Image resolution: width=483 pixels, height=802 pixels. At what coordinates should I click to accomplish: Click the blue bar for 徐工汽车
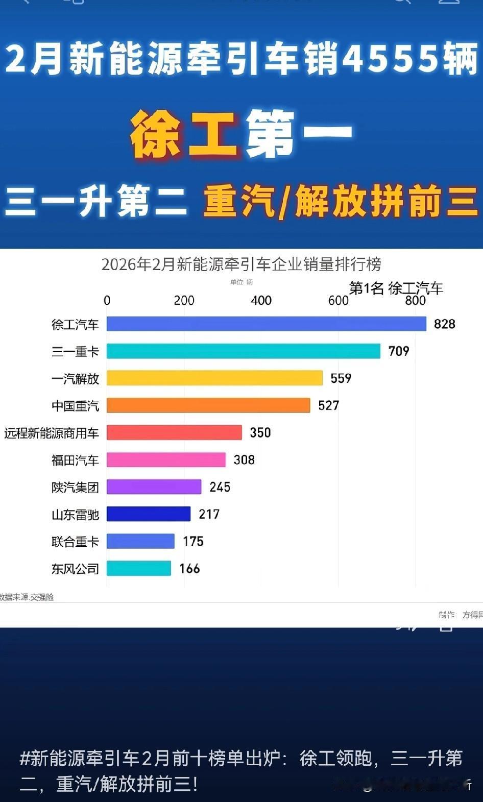266,324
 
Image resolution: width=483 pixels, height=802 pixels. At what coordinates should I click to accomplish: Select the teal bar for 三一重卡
243,351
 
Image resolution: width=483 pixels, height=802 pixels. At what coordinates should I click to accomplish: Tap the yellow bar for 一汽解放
214,378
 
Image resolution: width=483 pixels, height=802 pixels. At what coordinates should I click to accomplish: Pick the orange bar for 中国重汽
208,405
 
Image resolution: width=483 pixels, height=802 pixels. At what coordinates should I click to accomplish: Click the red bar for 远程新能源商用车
174,432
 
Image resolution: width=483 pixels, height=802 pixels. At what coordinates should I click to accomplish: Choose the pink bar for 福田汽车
166,459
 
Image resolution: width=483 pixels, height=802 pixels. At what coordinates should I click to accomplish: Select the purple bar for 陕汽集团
154,487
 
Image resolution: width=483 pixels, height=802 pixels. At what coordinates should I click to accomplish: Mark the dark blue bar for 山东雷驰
148,514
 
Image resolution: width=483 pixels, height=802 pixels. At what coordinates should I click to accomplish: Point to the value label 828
444,324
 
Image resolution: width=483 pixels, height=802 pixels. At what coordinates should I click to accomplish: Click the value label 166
189,569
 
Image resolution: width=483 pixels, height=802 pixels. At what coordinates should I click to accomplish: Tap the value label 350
260,433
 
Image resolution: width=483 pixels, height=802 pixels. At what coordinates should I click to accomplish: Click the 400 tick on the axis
261,301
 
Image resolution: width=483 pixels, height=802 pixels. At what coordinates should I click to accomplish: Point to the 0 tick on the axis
107,301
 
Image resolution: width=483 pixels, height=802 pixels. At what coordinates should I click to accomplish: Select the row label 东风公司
75,569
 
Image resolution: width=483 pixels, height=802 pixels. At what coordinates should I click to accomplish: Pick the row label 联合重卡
75,542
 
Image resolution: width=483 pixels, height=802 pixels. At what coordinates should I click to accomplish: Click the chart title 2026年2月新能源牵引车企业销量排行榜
241,264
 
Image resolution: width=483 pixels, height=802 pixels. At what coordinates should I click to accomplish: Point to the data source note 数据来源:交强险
27,597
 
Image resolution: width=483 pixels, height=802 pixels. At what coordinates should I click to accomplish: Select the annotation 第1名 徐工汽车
396,288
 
